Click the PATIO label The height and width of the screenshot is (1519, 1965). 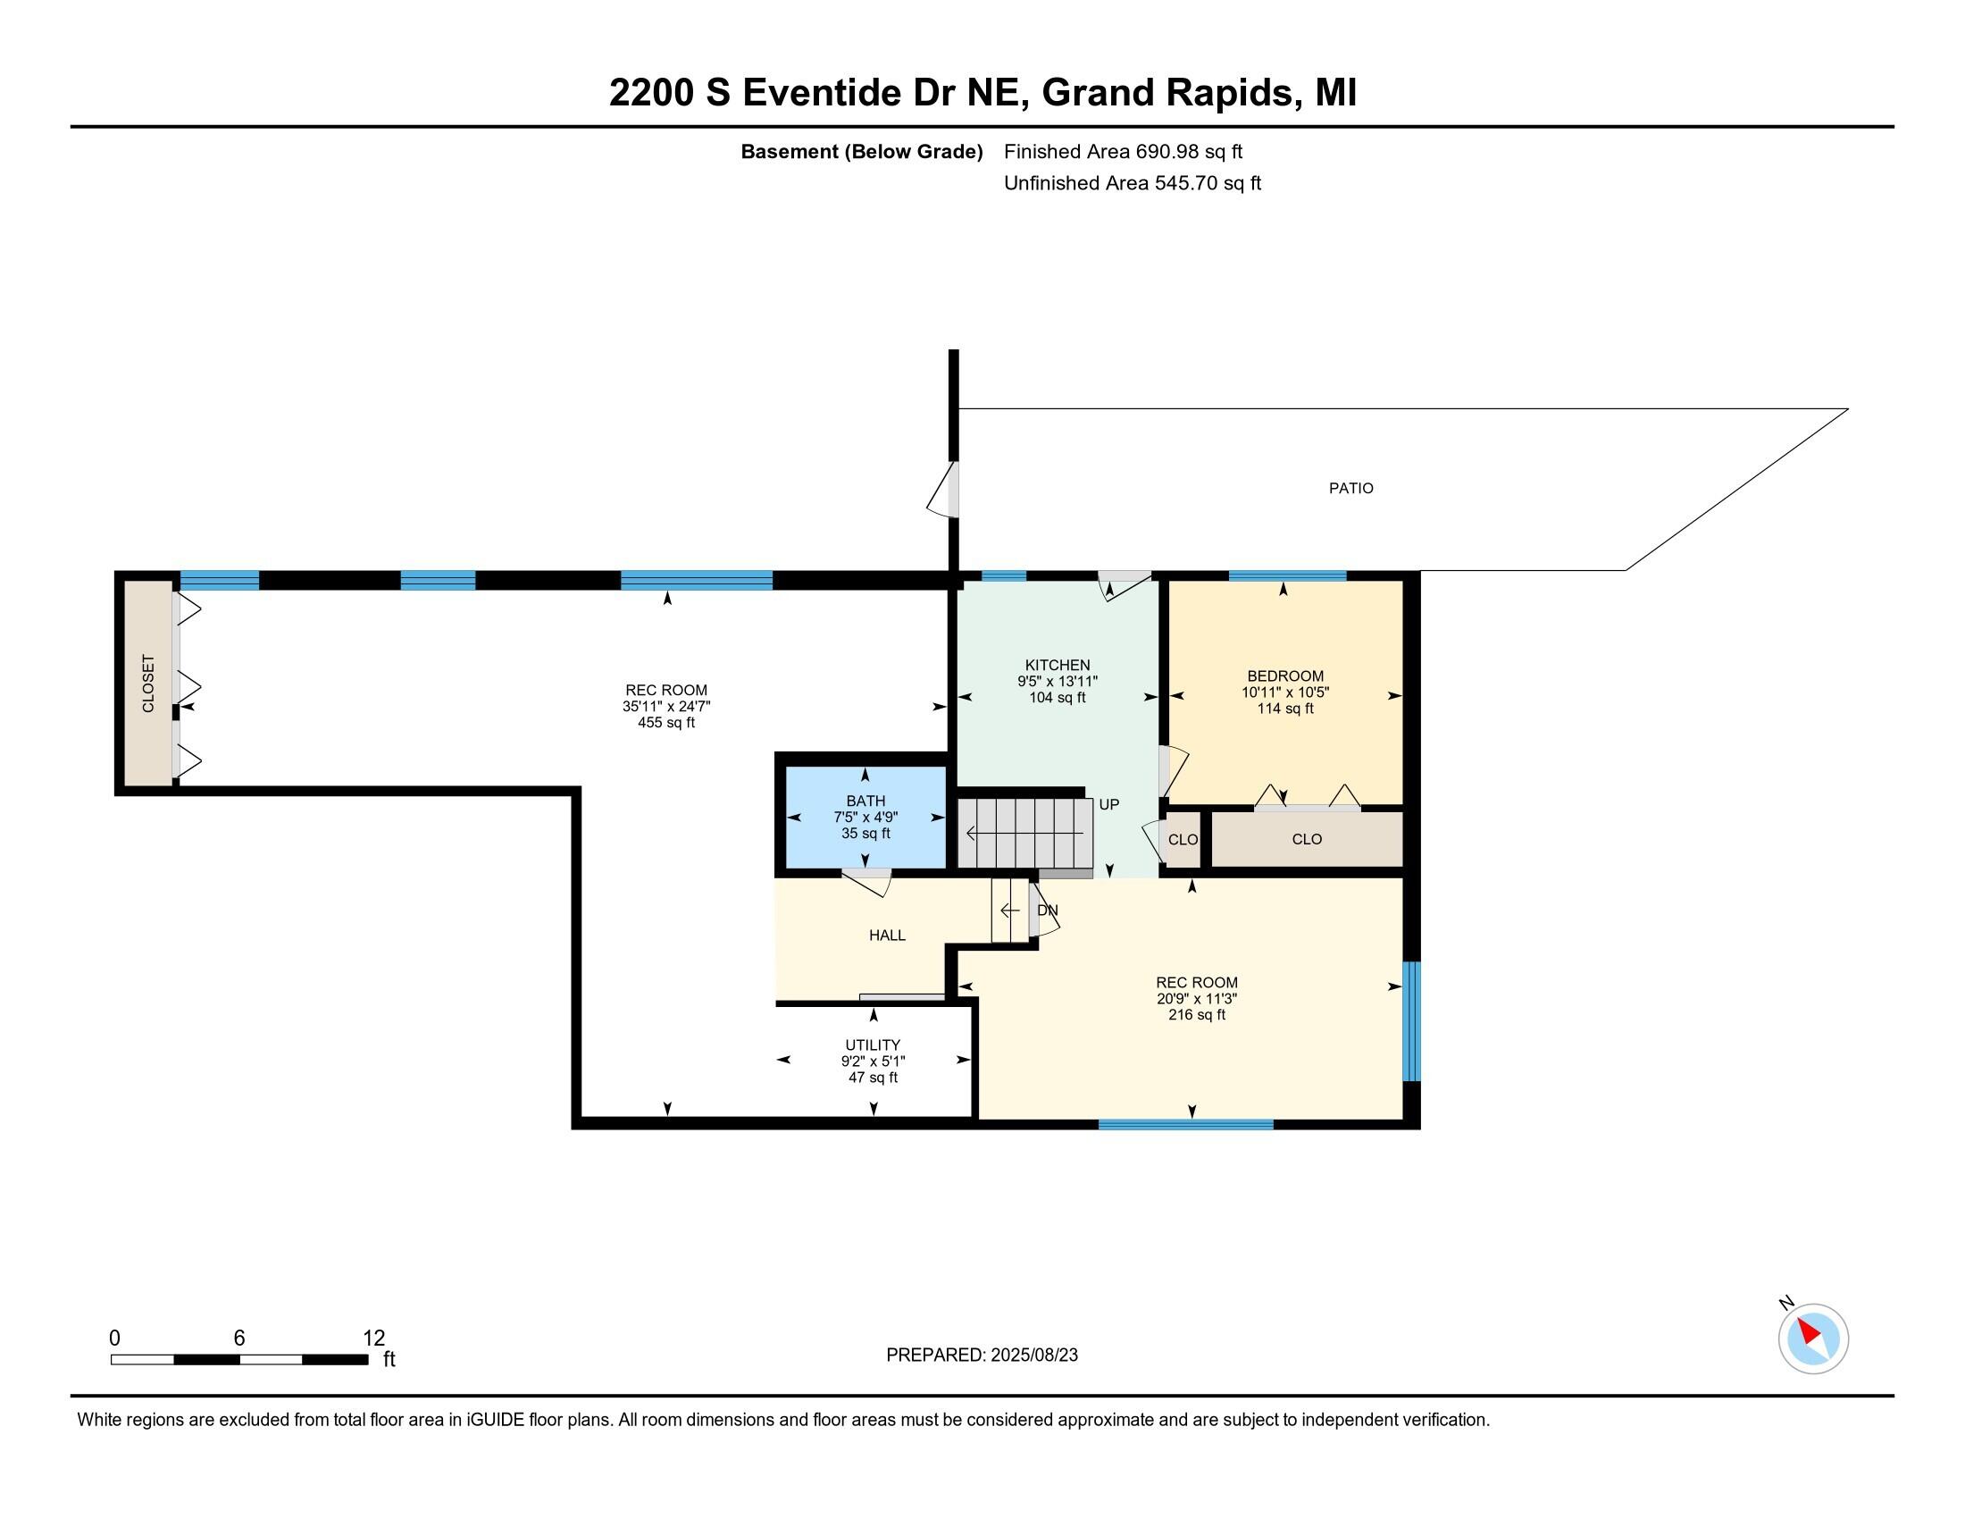[1350, 489]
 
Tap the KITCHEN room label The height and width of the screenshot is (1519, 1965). [1058, 665]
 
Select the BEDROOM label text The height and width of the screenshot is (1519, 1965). [1284, 676]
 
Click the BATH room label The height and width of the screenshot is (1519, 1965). [865, 801]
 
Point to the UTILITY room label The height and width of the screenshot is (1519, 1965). [872, 1045]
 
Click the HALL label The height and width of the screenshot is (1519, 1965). [886, 935]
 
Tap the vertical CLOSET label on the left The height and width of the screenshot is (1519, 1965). [148, 684]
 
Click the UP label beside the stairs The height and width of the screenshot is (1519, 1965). [1108, 804]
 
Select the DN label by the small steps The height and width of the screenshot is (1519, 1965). [1048, 910]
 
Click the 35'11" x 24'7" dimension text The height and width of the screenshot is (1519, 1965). [665, 707]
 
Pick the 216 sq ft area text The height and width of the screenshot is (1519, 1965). [1197, 1014]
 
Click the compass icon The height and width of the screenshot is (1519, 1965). [1812, 1339]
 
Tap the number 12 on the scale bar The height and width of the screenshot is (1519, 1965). [373, 1338]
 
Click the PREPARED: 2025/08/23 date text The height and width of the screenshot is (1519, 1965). [982, 1355]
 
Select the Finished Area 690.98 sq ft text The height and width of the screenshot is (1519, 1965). [1123, 152]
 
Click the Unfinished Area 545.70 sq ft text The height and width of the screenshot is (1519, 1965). [1132, 183]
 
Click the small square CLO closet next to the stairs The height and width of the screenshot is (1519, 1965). [1183, 840]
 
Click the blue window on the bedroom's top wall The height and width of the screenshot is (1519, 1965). [1286, 576]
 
